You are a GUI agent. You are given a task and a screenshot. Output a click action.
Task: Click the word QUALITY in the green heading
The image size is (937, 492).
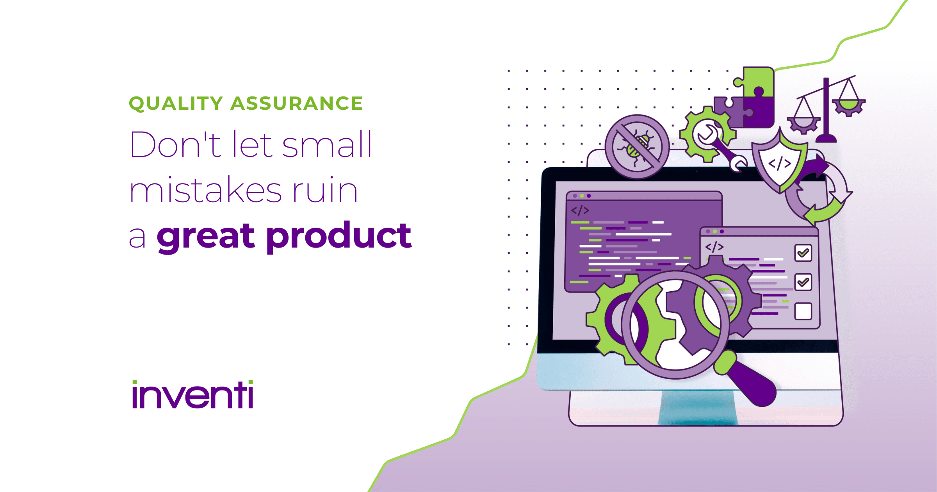[176, 103]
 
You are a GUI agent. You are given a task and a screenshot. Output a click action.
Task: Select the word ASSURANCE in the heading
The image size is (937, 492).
[297, 103]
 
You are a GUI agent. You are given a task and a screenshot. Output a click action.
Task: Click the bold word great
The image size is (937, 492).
[206, 236]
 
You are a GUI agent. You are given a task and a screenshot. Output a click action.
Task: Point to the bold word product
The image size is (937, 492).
[339, 236]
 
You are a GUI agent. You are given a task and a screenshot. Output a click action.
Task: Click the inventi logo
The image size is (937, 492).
[193, 395]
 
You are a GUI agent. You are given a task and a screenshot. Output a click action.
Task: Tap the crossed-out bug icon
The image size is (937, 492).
[637, 146]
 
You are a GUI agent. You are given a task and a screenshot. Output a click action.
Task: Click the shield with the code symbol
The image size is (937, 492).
[779, 162]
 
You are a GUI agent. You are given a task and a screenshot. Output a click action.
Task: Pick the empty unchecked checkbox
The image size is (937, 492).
[803, 311]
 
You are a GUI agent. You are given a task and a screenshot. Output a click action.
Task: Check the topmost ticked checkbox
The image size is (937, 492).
[803, 253]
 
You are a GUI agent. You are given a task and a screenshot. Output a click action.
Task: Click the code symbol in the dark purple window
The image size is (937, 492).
[580, 211]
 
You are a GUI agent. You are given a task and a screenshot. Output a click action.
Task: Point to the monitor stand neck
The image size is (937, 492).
[698, 408]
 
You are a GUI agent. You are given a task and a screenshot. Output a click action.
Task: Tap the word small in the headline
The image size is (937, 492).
[327, 144]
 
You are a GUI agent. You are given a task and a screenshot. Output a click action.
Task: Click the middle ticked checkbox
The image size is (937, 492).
[803, 282]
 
